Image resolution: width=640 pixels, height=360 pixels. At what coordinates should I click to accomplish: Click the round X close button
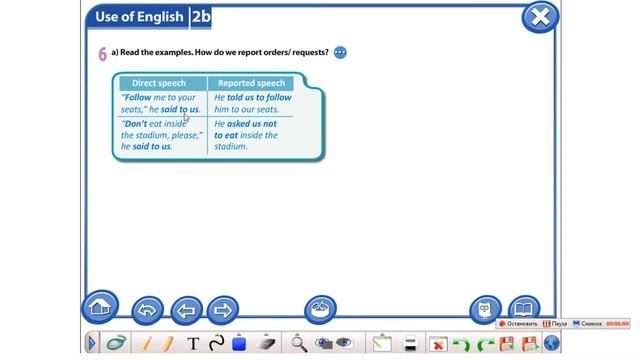(540, 17)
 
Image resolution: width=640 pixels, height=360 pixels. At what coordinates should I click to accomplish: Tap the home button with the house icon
(100, 307)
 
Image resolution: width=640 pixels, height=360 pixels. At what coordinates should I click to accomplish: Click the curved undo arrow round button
(148, 310)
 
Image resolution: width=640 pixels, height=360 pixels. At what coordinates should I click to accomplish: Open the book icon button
(524, 309)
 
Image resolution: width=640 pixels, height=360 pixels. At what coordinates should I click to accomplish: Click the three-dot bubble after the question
(340, 53)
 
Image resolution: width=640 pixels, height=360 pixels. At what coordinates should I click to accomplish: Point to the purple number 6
(102, 54)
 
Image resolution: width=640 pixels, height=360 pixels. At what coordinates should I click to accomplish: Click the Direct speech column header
(159, 83)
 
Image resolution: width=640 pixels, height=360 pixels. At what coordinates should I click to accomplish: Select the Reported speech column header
(251, 83)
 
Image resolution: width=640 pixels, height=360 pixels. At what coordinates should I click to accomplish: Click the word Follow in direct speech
(137, 97)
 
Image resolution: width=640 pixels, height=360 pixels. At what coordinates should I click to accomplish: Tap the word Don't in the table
(136, 123)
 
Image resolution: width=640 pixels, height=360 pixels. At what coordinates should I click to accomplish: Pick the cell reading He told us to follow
(253, 103)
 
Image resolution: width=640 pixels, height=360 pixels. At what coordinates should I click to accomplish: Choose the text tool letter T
(193, 344)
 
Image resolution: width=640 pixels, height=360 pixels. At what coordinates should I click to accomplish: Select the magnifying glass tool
(298, 344)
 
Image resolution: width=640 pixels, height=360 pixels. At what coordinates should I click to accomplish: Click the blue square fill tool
(239, 344)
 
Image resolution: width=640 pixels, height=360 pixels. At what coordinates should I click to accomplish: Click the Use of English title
(138, 17)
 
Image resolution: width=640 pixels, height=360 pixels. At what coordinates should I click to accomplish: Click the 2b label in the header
(200, 17)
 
